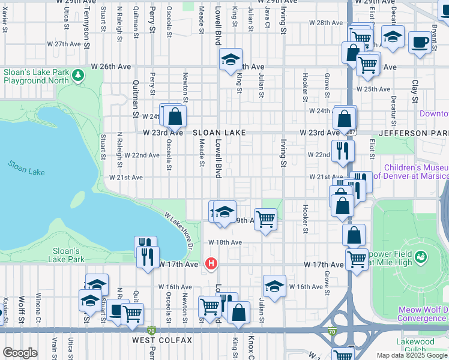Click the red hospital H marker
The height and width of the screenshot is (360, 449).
click(x=211, y=263)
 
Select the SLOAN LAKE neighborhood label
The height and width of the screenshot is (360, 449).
click(x=218, y=133)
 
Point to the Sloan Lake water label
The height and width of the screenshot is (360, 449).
click(x=26, y=168)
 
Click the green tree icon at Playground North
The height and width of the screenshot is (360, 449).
click(x=77, y=75)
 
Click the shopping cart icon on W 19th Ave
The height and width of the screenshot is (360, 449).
click(x=265, y=219)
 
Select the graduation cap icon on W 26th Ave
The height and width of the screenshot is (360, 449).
click(x=230, y=59)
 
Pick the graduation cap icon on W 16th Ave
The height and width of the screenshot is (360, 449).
click(x=274, y=285)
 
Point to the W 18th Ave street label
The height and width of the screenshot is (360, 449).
click(x=224, y=242)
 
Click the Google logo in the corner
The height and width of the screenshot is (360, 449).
click(x=20, y=353)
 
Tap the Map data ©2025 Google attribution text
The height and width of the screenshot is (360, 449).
click(x=412, y=355)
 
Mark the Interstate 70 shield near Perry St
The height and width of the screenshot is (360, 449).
click(x=151, y=331)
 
